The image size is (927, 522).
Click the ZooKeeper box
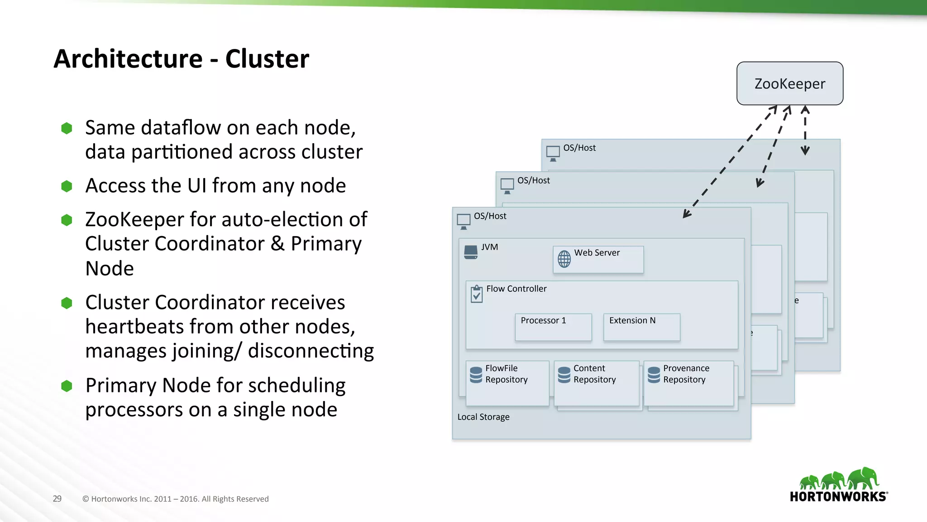(789, 83)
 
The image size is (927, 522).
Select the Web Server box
(598, 259)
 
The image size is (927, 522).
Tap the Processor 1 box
(553, 327)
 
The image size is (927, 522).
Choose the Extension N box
(641, 327)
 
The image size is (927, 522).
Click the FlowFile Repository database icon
(476, 375)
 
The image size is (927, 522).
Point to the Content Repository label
(594, 374)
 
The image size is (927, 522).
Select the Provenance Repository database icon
(654, 375)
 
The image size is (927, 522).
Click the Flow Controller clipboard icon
(477, 294)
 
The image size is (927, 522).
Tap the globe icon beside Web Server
(564, 259)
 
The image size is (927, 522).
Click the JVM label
(489, 247)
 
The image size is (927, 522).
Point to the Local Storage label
(483, 417)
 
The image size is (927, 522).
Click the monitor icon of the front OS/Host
(463, 221)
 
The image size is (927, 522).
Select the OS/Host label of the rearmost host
(579, 148)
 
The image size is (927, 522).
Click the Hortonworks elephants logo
(839, 479)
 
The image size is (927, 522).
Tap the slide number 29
(57, 499)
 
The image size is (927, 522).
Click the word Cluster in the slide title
(267, 59)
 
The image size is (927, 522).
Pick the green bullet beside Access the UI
(67, 186)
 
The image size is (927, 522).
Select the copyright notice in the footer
(176, 499)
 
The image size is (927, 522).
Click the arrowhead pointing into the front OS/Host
(686, 214)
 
